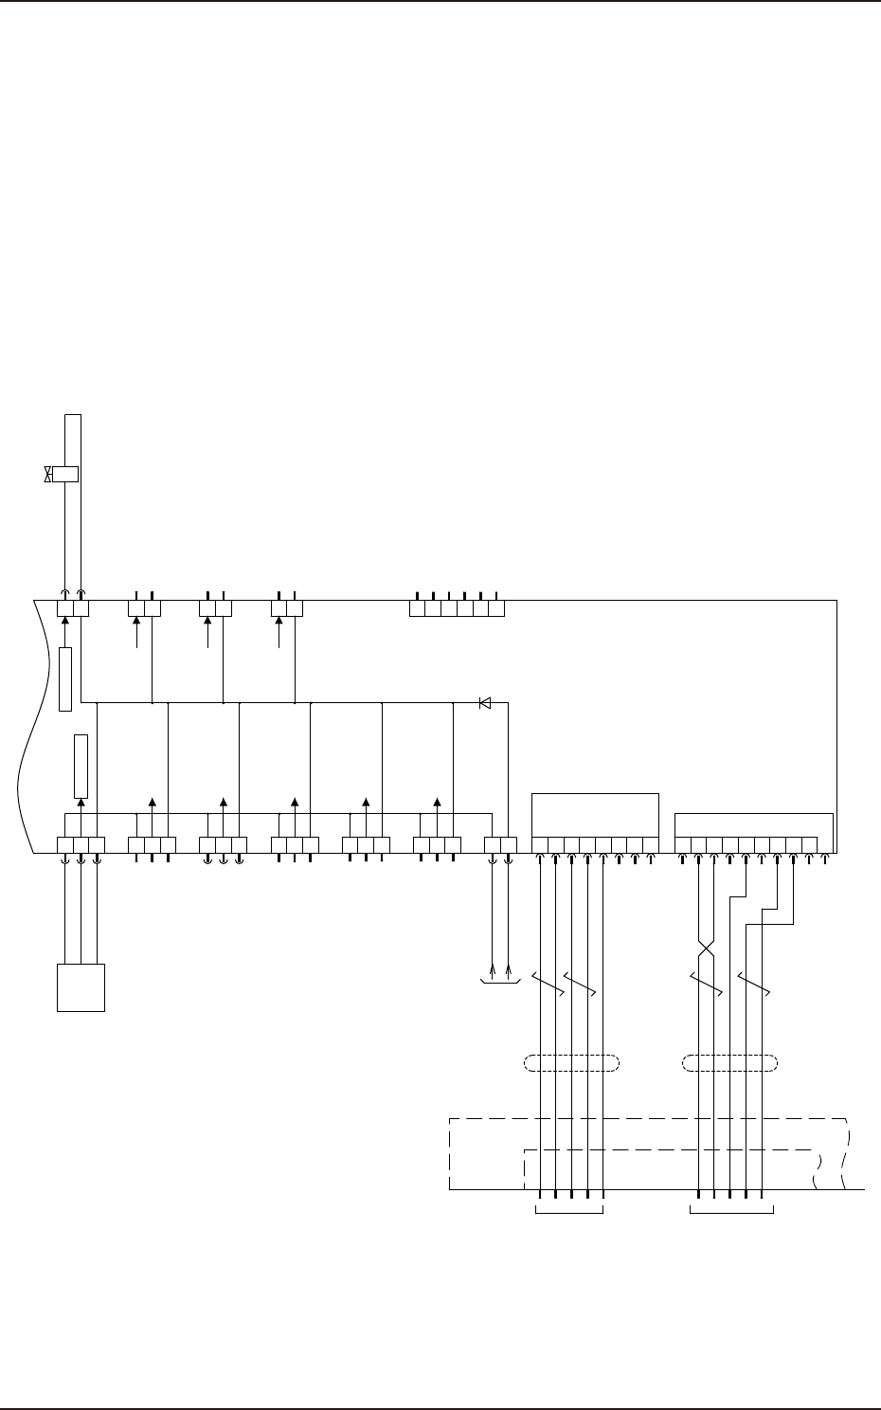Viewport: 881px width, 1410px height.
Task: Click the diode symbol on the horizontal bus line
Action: pos(484,703)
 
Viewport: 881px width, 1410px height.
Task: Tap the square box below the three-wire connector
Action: pos(81,987)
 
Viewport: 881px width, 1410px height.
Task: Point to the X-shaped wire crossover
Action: pos(706,948)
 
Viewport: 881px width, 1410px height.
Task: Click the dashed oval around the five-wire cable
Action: pos(571,1063)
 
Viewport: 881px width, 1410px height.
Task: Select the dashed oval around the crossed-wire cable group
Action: pos(730,1063)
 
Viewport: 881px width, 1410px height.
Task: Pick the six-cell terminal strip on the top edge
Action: pos(457,607)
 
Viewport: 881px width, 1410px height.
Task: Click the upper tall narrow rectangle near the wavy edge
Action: pos(65,678)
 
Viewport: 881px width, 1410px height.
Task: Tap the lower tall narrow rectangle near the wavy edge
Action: pos(81,766)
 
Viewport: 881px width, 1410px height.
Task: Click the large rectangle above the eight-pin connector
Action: pos(595,815)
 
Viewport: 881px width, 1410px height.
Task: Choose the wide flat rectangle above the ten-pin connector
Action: pos(753,824)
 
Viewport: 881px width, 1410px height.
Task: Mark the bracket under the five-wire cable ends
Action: pos(570,1210)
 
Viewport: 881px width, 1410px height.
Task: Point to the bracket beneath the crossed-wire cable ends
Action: pos(731,1210)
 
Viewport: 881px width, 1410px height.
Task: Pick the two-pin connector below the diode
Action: pos(500,844)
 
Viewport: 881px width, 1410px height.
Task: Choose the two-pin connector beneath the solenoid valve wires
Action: pos(73,607)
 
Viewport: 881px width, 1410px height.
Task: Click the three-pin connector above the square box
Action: pos(81,844)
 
